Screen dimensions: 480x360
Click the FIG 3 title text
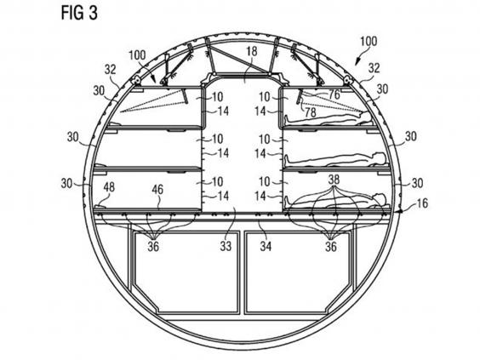click(79, 13)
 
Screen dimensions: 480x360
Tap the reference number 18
click(251, 51)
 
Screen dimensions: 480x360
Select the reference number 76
click(334, 94)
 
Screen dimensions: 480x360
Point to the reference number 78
click(310, 112)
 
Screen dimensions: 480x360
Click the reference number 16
click(422, 203)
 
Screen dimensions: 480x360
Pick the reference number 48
click(109, 187)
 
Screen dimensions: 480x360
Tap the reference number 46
click(157, 189)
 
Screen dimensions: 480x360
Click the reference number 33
click(226, 245)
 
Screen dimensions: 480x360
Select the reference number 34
click(266, 245)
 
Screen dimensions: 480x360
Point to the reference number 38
click(334, 180)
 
